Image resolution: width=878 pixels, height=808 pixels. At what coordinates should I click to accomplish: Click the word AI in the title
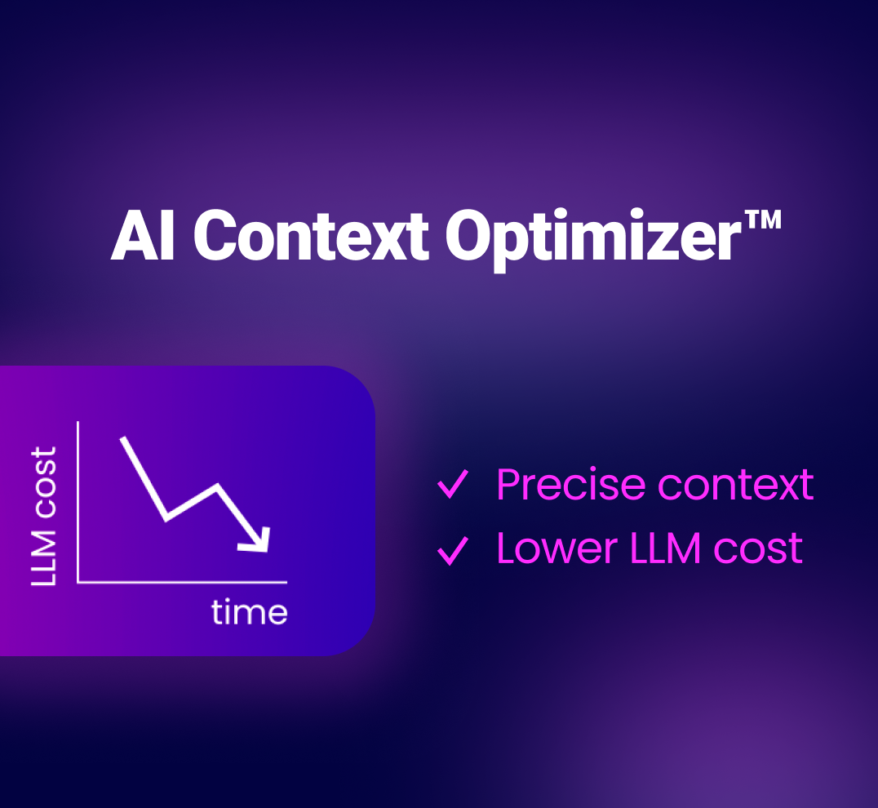click(142, 236)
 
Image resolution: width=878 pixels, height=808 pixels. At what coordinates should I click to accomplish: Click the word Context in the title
click(312, 236)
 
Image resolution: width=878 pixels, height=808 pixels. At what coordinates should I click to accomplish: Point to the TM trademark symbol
click(762, 219)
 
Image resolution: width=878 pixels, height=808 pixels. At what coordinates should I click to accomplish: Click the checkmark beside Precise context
click(452, 484)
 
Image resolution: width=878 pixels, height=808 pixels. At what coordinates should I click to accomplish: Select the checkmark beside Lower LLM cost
click(452, 550)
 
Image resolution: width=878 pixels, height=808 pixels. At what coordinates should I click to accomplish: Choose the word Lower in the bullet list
click(557, 548)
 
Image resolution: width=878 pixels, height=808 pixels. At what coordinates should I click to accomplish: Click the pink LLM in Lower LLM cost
click(665, 548)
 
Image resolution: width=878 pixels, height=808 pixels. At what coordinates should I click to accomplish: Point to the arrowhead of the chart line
click(258, 540)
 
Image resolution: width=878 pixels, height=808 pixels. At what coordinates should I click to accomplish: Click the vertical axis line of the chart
click(78, 502)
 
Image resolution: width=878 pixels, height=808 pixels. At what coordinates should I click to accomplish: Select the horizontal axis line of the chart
click(182, 583)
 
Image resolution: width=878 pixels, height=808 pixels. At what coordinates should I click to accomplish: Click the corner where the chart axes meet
click(78, 583)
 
